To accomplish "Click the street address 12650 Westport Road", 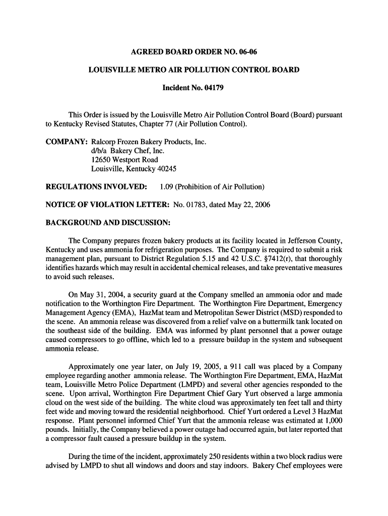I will [x=124, y=160].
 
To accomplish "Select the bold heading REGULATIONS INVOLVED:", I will [x=96, y=187].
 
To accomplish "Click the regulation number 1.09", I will [x=167, y=187].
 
